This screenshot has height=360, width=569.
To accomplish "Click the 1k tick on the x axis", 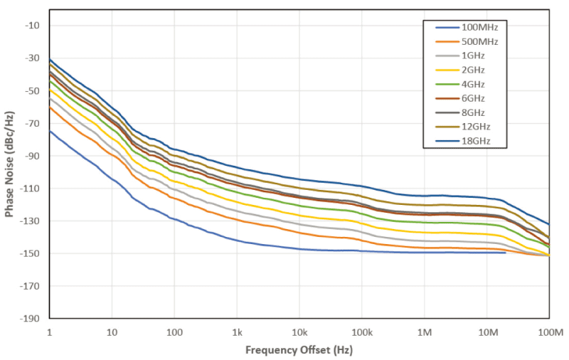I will point(237,332).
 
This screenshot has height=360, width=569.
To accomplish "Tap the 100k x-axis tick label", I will point(361,332).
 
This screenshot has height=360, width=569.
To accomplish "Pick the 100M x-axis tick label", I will point(548,332).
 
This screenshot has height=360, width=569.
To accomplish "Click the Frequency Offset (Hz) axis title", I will point(299,350).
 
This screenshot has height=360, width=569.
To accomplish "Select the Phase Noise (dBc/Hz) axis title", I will point(9,164).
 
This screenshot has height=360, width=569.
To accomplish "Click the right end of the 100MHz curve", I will point(505,253).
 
